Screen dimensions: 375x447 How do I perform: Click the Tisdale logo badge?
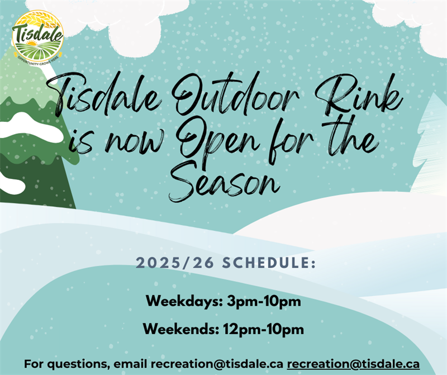[x=37, y=35]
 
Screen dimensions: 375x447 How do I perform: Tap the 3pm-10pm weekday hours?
[x=264, y=302]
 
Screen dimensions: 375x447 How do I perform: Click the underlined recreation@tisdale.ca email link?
[x=353, y=364]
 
